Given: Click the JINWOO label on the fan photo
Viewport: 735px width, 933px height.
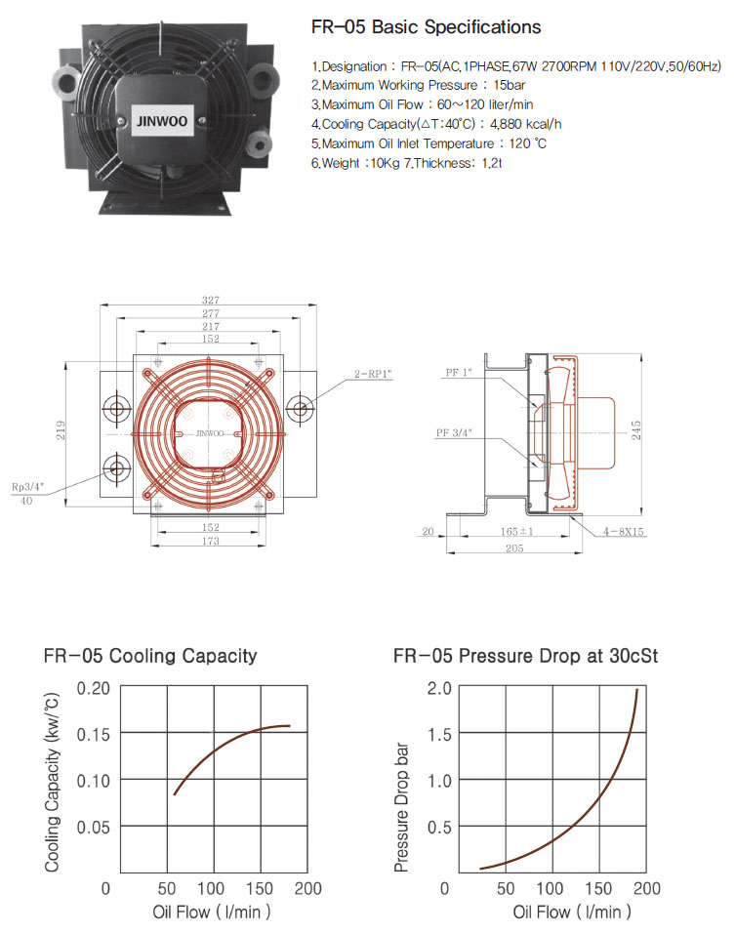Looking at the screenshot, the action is (162, 121).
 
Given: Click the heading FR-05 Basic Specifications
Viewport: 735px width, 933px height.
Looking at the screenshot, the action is (427, 26).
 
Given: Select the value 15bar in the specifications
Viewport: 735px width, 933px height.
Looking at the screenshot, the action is (509, 85).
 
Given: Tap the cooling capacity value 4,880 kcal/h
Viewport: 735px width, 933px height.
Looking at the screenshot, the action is (525, 124).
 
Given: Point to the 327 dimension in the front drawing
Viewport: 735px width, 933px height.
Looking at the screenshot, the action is (211, 300).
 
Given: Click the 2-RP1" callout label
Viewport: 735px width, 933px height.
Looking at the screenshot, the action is (373, 374).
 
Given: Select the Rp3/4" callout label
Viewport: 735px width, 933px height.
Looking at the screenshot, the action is (28, 487).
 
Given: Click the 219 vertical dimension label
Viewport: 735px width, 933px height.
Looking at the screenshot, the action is (61, 430).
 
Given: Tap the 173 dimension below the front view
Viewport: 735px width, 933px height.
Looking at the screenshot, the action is (211, 541).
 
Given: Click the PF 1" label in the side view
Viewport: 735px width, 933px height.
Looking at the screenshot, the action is (458, 373).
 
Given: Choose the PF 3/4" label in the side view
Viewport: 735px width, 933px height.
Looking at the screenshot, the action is (454, 432).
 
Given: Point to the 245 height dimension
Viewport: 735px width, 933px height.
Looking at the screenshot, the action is (636, 429).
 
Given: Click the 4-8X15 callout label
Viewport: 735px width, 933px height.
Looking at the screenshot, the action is (623, 531).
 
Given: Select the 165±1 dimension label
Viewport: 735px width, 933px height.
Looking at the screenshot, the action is (516, 531).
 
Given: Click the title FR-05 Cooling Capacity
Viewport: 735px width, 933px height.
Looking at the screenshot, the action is (150, 656).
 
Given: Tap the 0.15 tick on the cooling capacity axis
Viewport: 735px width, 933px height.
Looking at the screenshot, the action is (94, 734).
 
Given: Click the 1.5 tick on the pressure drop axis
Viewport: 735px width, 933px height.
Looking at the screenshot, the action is (439, 734).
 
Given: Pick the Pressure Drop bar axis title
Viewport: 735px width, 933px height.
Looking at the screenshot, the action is (402, 807).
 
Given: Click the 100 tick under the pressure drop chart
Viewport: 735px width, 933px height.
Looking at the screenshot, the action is (550, 888).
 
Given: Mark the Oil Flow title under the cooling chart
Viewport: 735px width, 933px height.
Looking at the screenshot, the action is (211, 912).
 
